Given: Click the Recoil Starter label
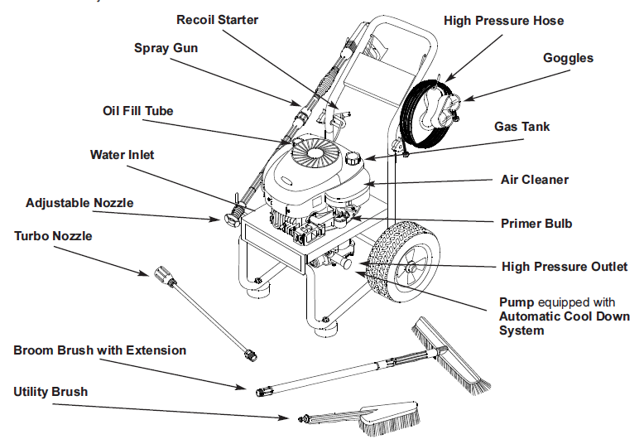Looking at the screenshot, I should [218, 19].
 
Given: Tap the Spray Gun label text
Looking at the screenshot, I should [166, 48].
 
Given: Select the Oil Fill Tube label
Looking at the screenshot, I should [138, 110].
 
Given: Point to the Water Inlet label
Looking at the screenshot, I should [122, 154].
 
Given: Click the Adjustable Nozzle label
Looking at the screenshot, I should [79, 202].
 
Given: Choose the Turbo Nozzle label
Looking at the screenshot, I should [53, 236].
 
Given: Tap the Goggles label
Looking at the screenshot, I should [568, 58].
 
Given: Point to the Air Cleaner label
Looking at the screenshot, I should [535, 179].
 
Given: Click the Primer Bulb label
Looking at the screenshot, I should [536, 223].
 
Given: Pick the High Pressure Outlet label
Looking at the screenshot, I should [565, 267].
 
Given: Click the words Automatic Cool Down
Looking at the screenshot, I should [564, 316].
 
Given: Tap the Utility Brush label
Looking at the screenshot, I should [50, 391].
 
